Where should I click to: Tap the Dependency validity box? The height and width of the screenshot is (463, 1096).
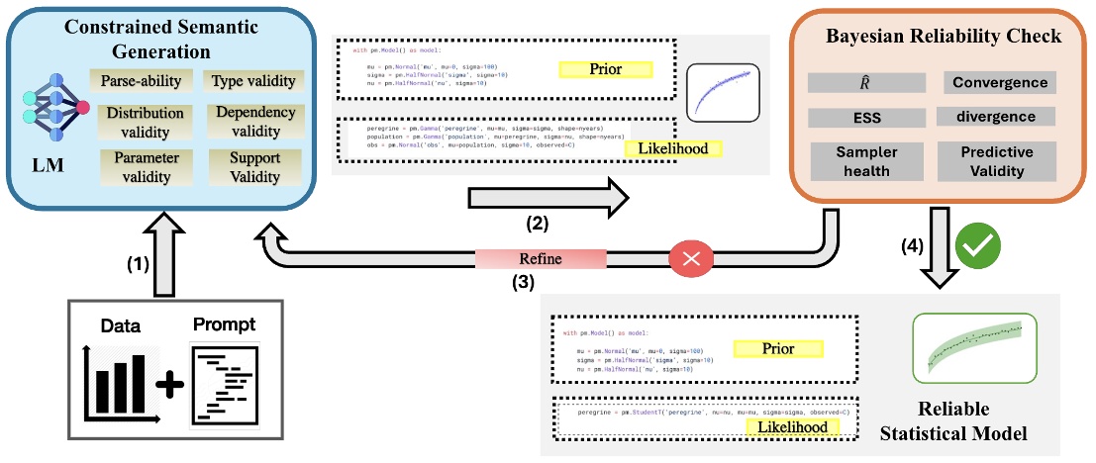[x=254, y=122]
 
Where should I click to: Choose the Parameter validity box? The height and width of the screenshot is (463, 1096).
[x=142, y=167]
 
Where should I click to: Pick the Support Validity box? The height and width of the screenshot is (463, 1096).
[x=254, y=167]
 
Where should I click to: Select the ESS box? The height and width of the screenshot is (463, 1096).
[x=866, y=118]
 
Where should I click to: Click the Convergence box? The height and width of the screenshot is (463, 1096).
[x=998, y=83]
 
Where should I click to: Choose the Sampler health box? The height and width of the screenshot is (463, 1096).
[x=866, y=161]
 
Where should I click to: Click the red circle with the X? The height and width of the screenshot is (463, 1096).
[x=690, y=258]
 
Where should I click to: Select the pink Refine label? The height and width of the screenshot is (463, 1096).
[x=540, y=258]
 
